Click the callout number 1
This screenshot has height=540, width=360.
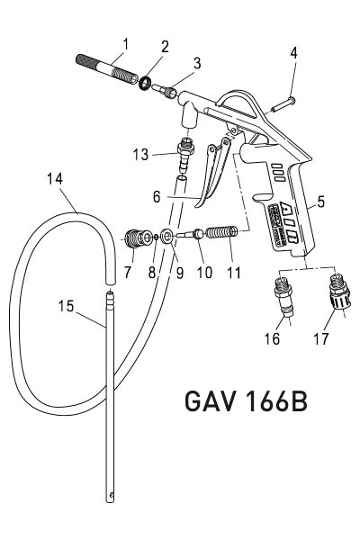pyautogui.click(x=126, y=43)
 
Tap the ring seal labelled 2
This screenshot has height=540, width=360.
pyautogui.click(x=142, y=83)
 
